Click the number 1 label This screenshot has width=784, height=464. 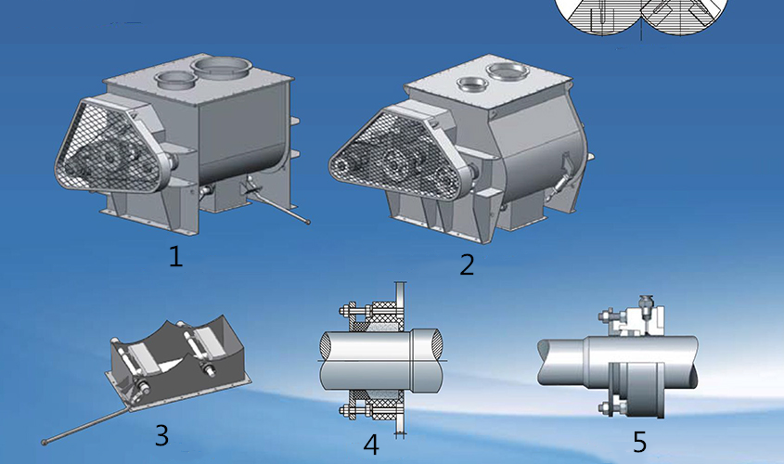(x=175, y=256)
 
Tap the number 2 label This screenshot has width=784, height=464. (x=467, y=264)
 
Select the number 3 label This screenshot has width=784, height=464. (x=161, y=435)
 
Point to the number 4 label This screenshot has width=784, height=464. (x=370, y=445)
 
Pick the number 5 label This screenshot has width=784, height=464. (x=639, y=442)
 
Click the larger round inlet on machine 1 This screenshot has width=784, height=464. (x=221, y=67)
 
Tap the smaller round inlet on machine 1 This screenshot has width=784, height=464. (x=175, y=80)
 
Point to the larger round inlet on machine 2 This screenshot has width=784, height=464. (x=508, y=71)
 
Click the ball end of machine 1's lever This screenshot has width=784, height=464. (x=308, y=222)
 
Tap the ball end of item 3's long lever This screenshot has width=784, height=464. (x=44, y=442)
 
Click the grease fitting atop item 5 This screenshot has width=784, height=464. (x=646, y=305)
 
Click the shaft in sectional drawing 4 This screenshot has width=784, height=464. (x=381, y=360)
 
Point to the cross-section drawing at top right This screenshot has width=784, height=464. (x=641, y=18)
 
